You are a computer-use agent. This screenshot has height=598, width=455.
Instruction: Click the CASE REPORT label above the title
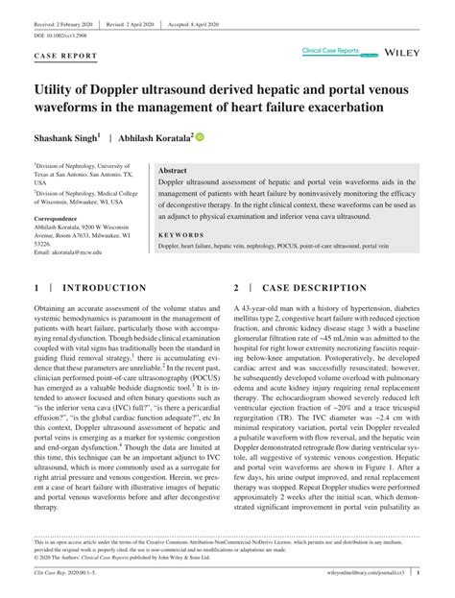point(65,56)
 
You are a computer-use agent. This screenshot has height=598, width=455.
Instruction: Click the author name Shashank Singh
point(69,137)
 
